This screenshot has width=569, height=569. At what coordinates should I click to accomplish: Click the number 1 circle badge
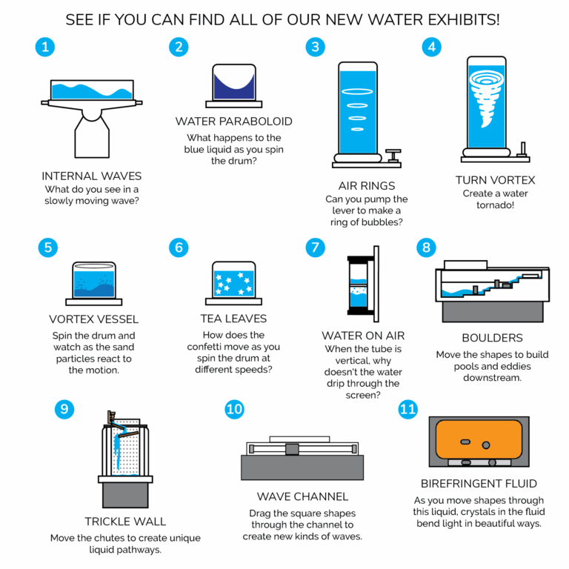[x=45, y=47]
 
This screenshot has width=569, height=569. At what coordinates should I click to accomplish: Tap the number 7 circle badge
[x=315, y=247]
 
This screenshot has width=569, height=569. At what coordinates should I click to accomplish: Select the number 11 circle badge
[x=408, y=409]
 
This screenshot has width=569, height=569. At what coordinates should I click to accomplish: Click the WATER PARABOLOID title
[x=233, y=122]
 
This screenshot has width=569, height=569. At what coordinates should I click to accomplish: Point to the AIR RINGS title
[x=367, y=186]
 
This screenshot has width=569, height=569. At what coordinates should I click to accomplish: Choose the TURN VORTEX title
[x=496, y=180]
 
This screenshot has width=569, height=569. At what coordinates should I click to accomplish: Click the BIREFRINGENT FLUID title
[x=479, y=484]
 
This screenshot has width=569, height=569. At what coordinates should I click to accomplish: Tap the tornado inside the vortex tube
[x=487, y=97]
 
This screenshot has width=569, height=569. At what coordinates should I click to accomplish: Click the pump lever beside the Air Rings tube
[x=393, y=156]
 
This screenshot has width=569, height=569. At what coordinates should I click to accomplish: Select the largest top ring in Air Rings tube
[x=357, y=91]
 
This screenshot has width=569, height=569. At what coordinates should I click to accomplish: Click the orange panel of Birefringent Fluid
[x=479, y=439]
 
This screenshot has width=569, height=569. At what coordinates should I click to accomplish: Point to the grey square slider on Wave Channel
[x=292, y=449]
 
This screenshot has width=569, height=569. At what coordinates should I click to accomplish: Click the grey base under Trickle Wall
[x=125, y=495]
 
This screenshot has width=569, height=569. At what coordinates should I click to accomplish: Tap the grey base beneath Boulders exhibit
[x=493, y=312]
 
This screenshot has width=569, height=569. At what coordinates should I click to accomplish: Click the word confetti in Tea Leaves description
[x=205, y=347]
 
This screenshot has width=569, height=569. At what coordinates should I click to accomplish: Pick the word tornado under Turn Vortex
[x=496, y=205]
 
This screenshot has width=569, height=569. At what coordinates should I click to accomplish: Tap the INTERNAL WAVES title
[x=91, y=176]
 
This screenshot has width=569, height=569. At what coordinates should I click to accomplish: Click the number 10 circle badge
[x=234, y=409]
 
